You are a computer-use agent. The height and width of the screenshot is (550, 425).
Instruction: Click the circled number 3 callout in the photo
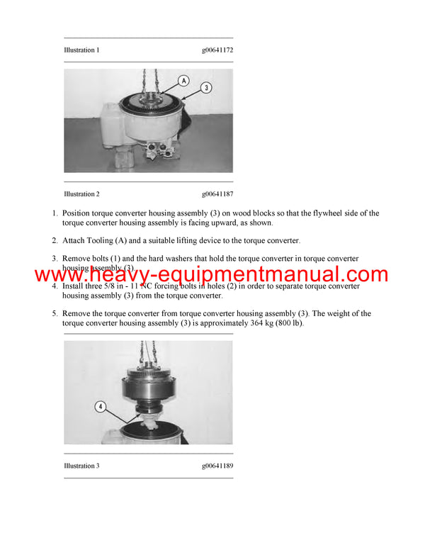click(206, 88)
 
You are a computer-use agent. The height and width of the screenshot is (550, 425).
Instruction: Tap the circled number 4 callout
click(100, 408)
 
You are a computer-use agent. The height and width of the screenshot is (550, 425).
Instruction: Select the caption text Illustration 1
click(81, 50)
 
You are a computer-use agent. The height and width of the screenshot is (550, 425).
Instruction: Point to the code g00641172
click(217, 50)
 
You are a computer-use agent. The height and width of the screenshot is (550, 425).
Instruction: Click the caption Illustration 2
click(81, 193)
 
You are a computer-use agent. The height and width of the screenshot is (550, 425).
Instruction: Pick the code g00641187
click(217, 193)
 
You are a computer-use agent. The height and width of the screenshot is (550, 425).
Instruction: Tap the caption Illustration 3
click(81, 466)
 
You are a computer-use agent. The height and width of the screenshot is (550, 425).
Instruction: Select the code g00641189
click(217, 466)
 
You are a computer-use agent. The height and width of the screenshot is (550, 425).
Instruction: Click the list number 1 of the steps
click(55, 213)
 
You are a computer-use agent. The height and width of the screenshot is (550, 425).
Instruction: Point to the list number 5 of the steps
click(55, 313)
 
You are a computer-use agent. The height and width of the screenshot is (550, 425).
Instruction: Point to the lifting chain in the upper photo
click(149, 79)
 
